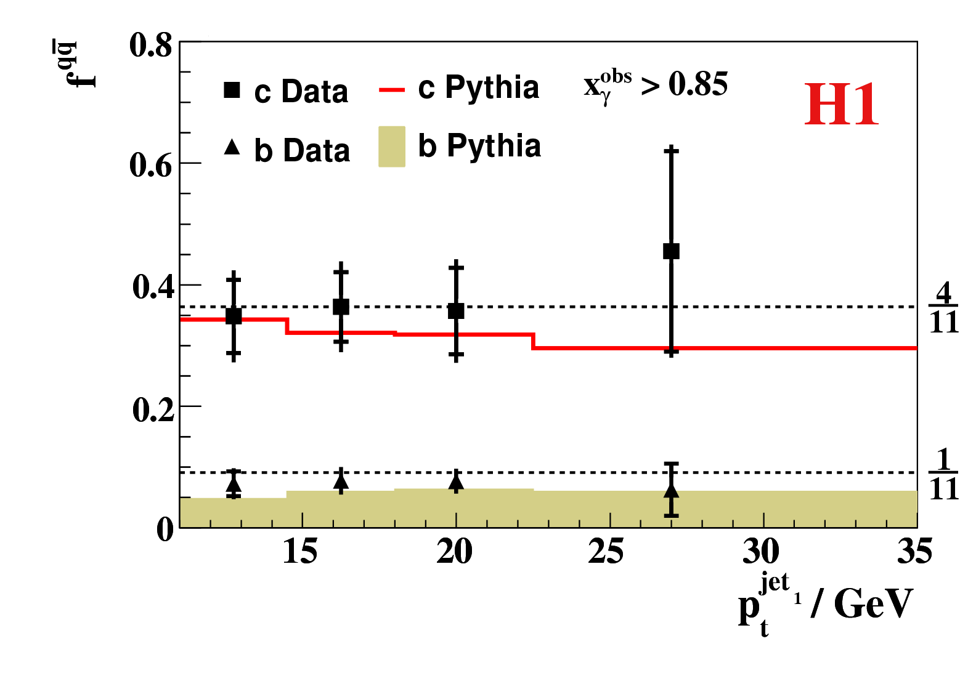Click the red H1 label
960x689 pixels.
(x=842, y=105)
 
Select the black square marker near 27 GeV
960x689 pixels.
(x=671, y=251)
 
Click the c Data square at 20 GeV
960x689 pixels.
(x=456, y=311)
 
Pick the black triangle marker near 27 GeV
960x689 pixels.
(x=671, y=491)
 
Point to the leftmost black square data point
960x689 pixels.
(x=234, y=316)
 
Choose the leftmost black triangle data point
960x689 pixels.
(x=234, y=485)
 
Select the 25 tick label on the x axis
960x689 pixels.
(x=606, y=550)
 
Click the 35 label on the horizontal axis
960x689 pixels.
(x=914, y=550)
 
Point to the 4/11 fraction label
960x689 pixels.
(x=943, y=308)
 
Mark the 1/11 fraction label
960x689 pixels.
(x=943, y=475)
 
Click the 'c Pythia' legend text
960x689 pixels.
(x=478, y=87)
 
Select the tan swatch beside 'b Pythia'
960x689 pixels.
(x=392, y=147)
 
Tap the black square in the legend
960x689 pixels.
(x=232, y=91)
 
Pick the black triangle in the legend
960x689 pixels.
(x=232, y=147)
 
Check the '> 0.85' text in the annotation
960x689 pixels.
(x=685, y=84)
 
